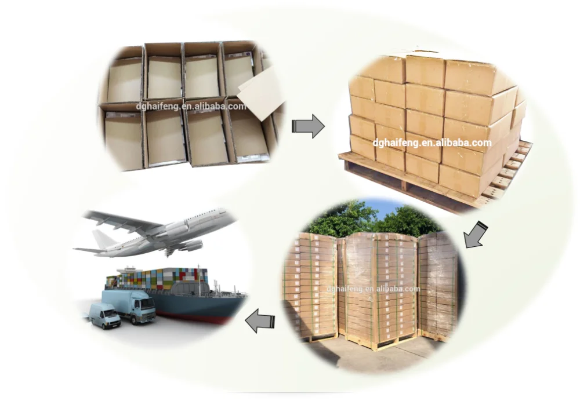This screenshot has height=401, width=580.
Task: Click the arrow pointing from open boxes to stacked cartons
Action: [307, 126]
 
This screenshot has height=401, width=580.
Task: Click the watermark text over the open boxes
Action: [191, 106]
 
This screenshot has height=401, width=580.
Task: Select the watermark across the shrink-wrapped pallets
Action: [373, 289]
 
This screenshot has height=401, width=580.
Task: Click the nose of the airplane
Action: [231, 216]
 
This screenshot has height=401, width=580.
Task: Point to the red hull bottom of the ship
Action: [197, 316]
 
